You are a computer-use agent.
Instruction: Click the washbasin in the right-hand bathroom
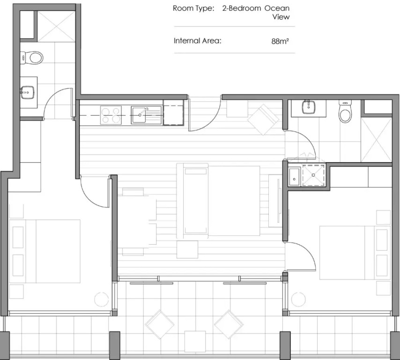tap(309, 107)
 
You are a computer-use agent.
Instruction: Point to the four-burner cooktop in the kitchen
tap(111, 115)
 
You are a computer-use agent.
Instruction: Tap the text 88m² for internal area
tap(280, 41)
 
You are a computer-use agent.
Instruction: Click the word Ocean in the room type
tap(277, 8)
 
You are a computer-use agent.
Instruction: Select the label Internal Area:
tap(197, 41)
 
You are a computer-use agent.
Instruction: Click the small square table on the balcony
tap(195, 341)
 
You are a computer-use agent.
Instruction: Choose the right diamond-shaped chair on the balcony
tap(229, 324)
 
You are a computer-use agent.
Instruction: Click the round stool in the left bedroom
tap(101, 299)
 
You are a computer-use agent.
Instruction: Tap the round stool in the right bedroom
tap(298, 299)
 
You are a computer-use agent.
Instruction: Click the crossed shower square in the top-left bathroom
tap(57, 26)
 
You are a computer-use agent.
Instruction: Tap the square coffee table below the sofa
tap(187, 249)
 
